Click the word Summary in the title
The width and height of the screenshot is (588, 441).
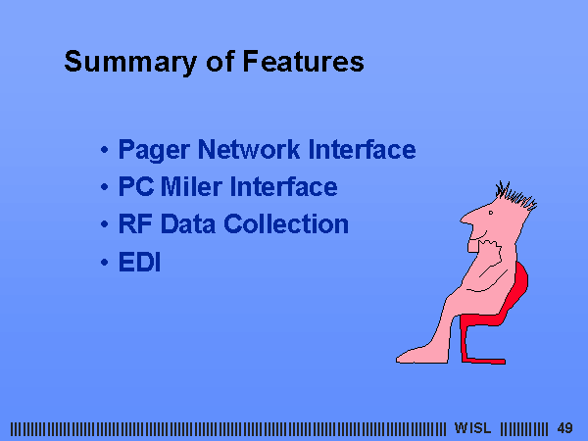pos(130,62)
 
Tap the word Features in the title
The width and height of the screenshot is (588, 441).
pos(304,61)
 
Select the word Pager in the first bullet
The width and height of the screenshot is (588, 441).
pos(154,150)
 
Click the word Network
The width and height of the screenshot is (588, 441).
pos(249,149)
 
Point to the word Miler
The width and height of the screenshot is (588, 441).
pos(191,186)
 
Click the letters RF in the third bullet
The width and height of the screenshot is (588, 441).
pos(135,223)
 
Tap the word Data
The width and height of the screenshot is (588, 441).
pos(188,223)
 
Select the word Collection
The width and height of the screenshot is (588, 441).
pos(286,223)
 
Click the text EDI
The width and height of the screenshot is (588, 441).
pos(139,262)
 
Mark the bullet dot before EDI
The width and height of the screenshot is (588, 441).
pos(104,262)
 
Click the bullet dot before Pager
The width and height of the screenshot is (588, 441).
pos(104,150)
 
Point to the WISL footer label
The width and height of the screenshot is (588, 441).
pos(472,428)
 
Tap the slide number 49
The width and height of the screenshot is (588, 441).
pos(564,428)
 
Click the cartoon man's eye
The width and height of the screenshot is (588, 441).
pos(491,213)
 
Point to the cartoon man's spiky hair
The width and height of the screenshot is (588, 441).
pos(515,195)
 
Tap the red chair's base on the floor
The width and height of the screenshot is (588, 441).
pos(484,361)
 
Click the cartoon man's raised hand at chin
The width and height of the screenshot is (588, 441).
pos(490,249)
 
